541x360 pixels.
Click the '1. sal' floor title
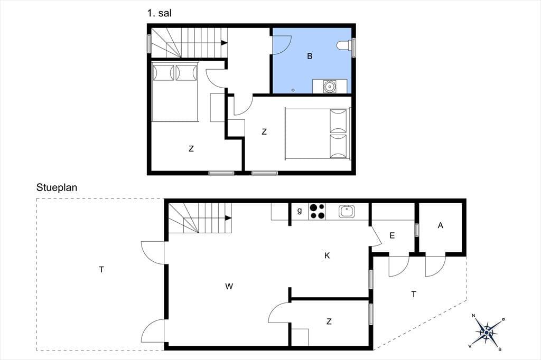[159, 13]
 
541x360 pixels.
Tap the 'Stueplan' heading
[57, 187]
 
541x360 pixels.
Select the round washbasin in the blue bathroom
[330, 86]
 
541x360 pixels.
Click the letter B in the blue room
[310, 56]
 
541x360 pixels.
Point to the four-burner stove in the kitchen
[318, 211]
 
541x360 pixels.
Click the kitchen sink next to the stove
[347, 211]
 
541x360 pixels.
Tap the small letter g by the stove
[300, 210]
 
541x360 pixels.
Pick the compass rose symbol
[486, 332]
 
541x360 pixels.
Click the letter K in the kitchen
[327, 255]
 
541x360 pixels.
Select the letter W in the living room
[229, 286]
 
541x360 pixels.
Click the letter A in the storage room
[440, 225]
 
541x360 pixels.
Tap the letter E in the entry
[392, 236]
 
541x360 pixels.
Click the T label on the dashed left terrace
[101, 270]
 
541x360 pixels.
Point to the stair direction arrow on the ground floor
[228, 218]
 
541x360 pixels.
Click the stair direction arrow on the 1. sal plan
[224, 43]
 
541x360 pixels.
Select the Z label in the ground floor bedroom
[329, 321]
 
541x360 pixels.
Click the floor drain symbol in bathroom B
[293, 90]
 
